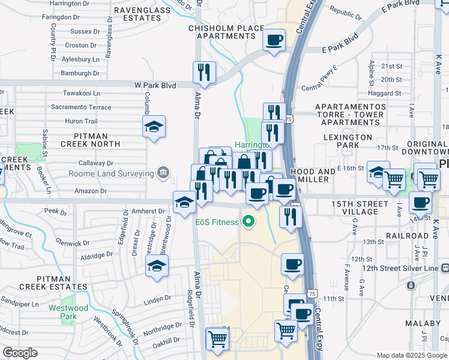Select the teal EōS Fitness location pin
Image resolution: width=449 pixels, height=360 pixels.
tap(247, 223)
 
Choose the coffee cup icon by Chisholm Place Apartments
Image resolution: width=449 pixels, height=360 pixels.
tap(274, 40)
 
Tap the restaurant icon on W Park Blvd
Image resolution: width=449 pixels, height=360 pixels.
tap(204, 73)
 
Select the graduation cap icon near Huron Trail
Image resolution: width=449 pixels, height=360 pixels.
tap(154, 127)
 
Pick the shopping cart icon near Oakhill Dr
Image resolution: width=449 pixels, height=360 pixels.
tap(217, 338)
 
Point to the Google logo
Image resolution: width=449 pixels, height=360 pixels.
tap(20, 353)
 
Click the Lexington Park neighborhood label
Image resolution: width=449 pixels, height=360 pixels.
tap(348, 142)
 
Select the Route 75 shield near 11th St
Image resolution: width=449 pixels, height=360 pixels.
tap(311, 293)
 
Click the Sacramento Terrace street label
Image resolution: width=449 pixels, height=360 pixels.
tap(81, 107)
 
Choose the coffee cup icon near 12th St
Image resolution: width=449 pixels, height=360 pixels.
tap(292, 263)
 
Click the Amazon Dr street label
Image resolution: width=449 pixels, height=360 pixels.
tap(90, 191)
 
